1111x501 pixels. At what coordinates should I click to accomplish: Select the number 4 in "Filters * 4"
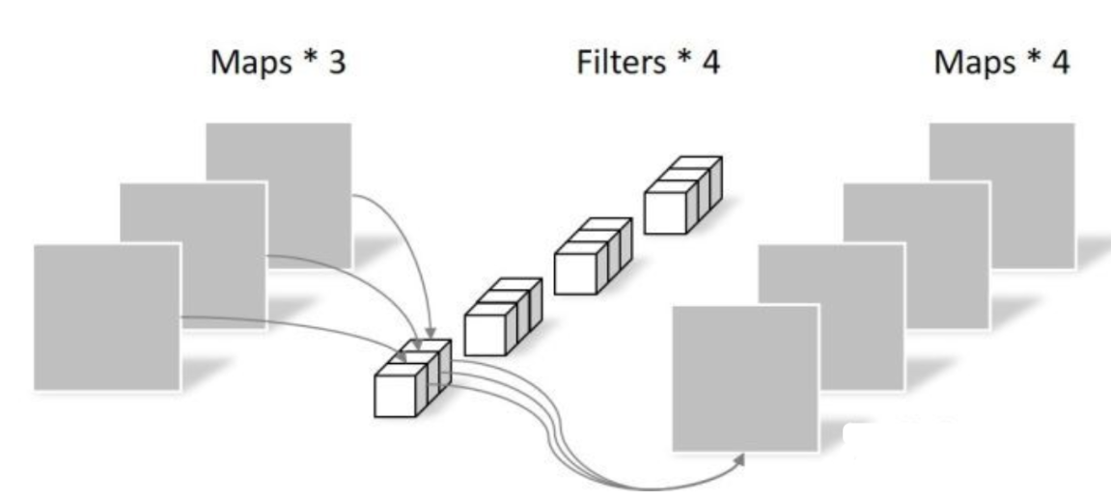pos(710,64)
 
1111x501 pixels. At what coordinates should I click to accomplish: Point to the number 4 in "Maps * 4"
pos(1058,65)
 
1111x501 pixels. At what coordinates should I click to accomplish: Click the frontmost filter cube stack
pos(409,382)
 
